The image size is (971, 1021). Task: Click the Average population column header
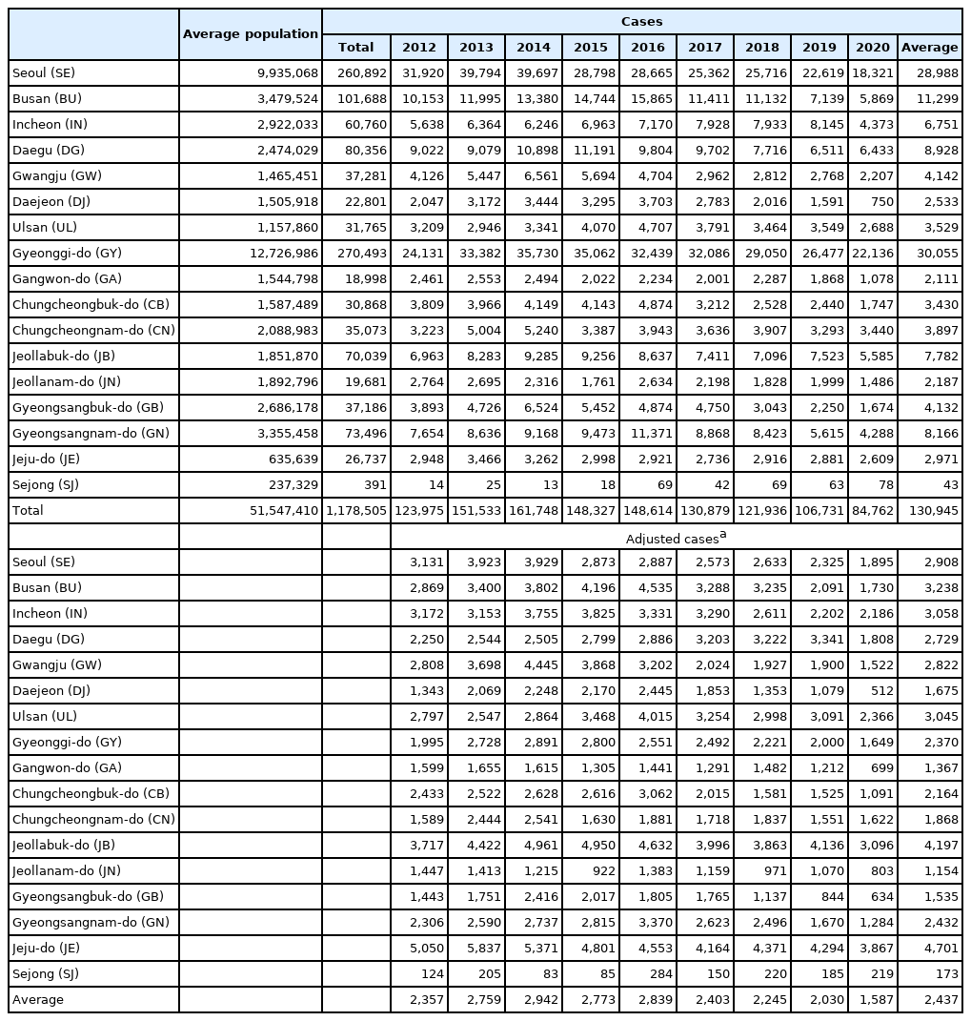tap(250, 33)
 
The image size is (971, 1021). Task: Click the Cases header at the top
tap(641, 21)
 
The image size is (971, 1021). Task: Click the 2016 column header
tap(647, 47)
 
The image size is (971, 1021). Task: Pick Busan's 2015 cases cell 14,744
tap(594, 99)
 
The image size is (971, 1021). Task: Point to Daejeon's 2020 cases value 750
tap(879, 202)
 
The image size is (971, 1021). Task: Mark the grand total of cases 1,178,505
tap(356, 511)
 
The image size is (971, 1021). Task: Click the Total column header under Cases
tap(355, 47)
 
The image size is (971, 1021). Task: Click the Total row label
tap(28, 511)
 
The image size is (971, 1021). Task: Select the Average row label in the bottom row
tap(37, 999)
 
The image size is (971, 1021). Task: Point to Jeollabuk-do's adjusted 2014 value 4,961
tap(535, 845)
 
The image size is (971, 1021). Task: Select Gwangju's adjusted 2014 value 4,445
tap(535, 664)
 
